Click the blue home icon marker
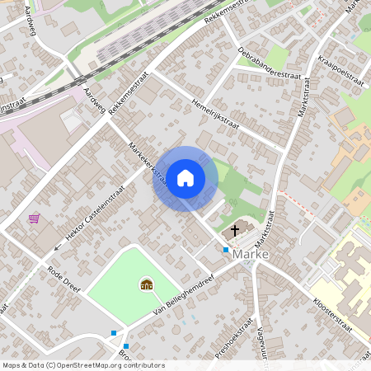coord(185,178)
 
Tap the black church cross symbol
coord(235,230)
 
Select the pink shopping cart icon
coord(35,218)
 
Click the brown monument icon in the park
coord(147,284)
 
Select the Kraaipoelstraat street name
coord(340,70)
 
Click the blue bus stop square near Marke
coord(226,249)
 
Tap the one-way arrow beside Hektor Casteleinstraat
coord(58,246)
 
